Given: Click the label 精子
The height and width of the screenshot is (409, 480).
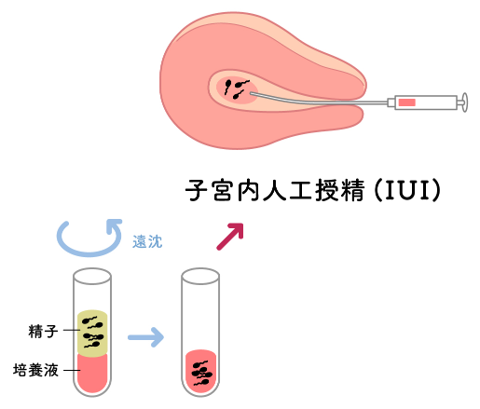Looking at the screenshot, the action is (43, 331).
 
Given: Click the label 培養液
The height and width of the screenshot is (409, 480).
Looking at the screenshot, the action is (35, 370).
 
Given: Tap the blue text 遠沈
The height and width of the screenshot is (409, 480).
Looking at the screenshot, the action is (147, 241).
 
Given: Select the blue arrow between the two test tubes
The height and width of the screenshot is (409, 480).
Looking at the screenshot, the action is (145, 337).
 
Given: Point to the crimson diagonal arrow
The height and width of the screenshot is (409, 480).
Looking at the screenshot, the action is (230, 237).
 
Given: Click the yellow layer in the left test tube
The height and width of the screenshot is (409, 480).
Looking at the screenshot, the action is (92, 333).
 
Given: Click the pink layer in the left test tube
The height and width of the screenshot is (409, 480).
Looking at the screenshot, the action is (92, 373).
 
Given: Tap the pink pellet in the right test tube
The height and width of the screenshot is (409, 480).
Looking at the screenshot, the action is (200, 371).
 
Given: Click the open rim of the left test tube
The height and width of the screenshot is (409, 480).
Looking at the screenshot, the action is (92, 276).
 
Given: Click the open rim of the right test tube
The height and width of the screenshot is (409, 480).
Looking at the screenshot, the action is (200, 276).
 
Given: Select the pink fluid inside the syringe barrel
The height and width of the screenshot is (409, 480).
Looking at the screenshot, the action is (407, 102).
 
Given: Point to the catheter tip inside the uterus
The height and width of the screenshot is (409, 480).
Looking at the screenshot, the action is (252, 93).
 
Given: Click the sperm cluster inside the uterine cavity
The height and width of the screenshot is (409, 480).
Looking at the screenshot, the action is (236, 89).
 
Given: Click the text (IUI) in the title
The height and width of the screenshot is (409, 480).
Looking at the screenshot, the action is (407, 190).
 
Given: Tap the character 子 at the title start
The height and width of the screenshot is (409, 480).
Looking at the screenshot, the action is (197, 190).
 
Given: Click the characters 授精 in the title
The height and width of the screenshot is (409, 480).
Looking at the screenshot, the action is (340, 190).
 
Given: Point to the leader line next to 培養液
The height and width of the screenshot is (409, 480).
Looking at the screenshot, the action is (72, 370).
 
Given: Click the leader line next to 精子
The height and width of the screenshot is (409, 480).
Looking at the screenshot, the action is (72, 330).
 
